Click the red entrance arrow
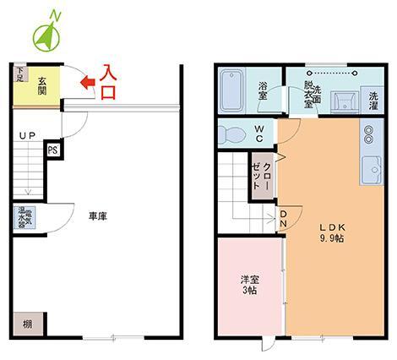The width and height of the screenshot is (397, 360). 85,82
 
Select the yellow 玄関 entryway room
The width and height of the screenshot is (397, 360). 41,85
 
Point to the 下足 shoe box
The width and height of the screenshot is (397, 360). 19,76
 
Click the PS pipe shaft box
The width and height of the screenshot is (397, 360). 52,150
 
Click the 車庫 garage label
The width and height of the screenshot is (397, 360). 98,216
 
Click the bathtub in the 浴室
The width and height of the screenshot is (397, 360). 231,89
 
